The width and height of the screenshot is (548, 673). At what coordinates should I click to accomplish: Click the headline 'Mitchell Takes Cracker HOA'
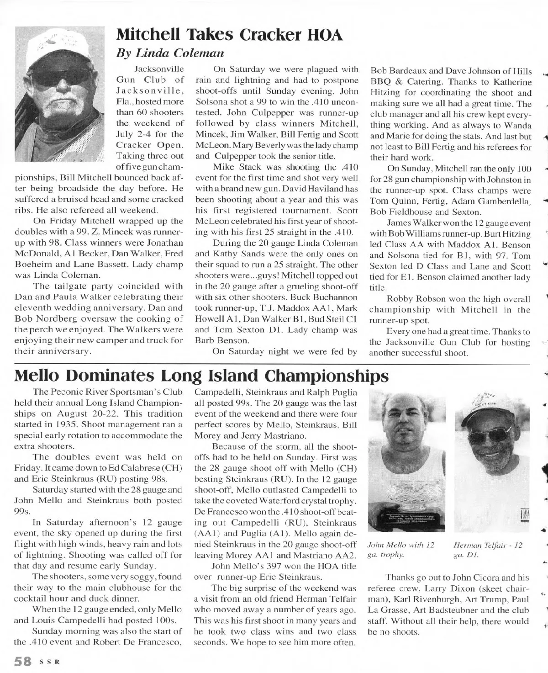tap(229, 35)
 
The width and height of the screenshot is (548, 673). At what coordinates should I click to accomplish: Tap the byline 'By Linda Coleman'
tap(170, 53)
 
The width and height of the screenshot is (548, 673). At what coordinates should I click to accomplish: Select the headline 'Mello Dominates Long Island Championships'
tap(202, 376)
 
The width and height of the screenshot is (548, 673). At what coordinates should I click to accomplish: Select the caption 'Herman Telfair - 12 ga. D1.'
tap(488, 550)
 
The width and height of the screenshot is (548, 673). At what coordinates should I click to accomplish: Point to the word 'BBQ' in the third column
tap(379, 82)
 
